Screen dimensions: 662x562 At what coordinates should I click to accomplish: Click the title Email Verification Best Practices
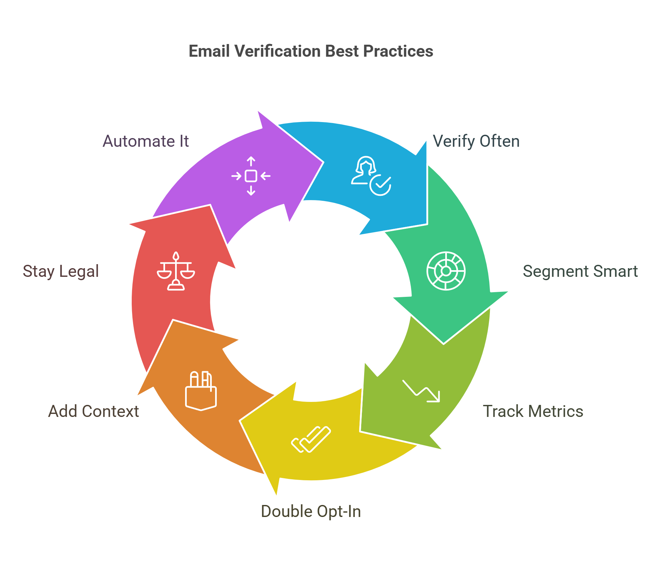tap(311, 51)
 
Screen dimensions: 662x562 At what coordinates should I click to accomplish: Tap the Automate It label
tap(146, 141)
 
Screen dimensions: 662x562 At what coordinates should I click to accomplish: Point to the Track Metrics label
tap(533, 411)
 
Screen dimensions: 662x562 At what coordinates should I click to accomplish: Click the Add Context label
tap(94, 411)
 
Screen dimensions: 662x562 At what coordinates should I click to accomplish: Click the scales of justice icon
tap(176, 271)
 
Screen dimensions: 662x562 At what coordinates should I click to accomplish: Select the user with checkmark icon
tap(371, 176)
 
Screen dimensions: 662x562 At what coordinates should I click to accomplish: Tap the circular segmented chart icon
tap(446, 271)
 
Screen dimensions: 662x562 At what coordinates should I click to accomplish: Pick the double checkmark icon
tap(311, 439)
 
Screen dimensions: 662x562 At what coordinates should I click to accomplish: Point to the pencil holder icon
tap(201, 391)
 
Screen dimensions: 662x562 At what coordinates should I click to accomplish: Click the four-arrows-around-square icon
tap(251, 176)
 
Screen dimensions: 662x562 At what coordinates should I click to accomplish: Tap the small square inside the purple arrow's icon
tap(251, 176)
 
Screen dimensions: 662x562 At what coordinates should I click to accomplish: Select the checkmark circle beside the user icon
tap(381, 185)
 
